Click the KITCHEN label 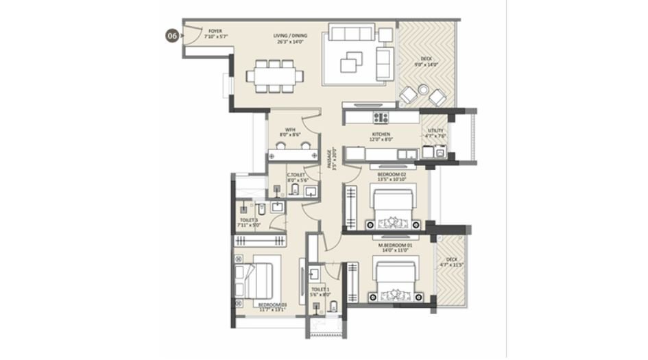381,136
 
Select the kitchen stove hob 381,117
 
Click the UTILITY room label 435,133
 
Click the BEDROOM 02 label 392,178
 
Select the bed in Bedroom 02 392,209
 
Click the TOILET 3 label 248,222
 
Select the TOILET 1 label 320,292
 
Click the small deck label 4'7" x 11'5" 451,261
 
